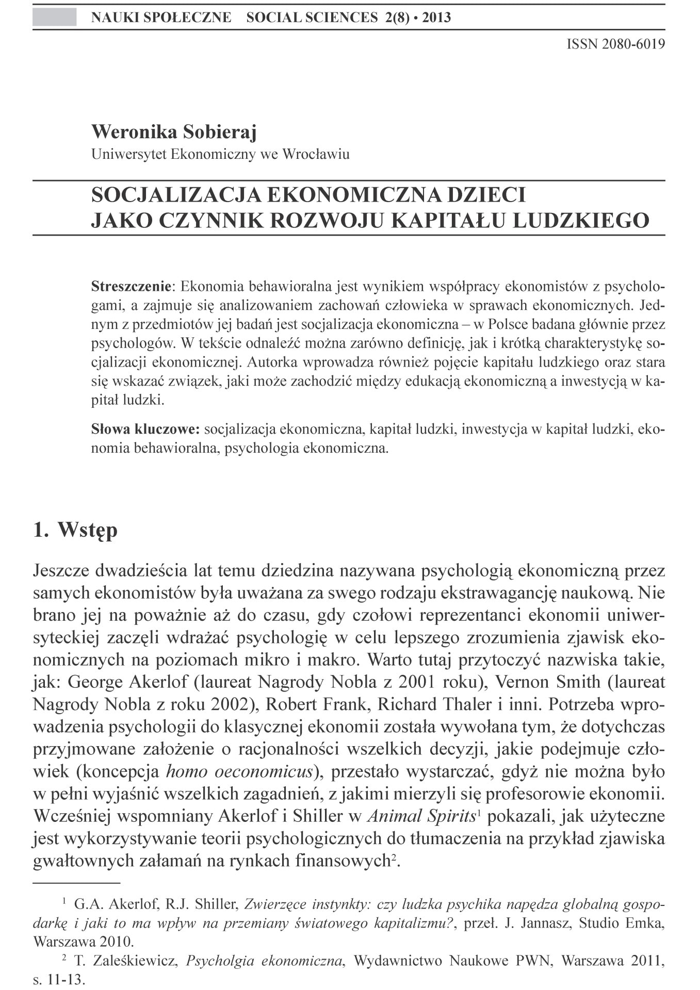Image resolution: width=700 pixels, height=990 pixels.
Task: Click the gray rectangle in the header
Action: click(x=54, y=18)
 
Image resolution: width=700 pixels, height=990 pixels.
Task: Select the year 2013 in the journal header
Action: click(x=436, y=18)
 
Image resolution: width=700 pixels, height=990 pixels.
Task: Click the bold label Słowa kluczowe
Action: click(x=145, y=429)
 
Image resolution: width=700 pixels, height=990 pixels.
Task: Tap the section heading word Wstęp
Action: click(x=88, y=530)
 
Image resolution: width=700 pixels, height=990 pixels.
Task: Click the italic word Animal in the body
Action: click(x=395, y=816)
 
